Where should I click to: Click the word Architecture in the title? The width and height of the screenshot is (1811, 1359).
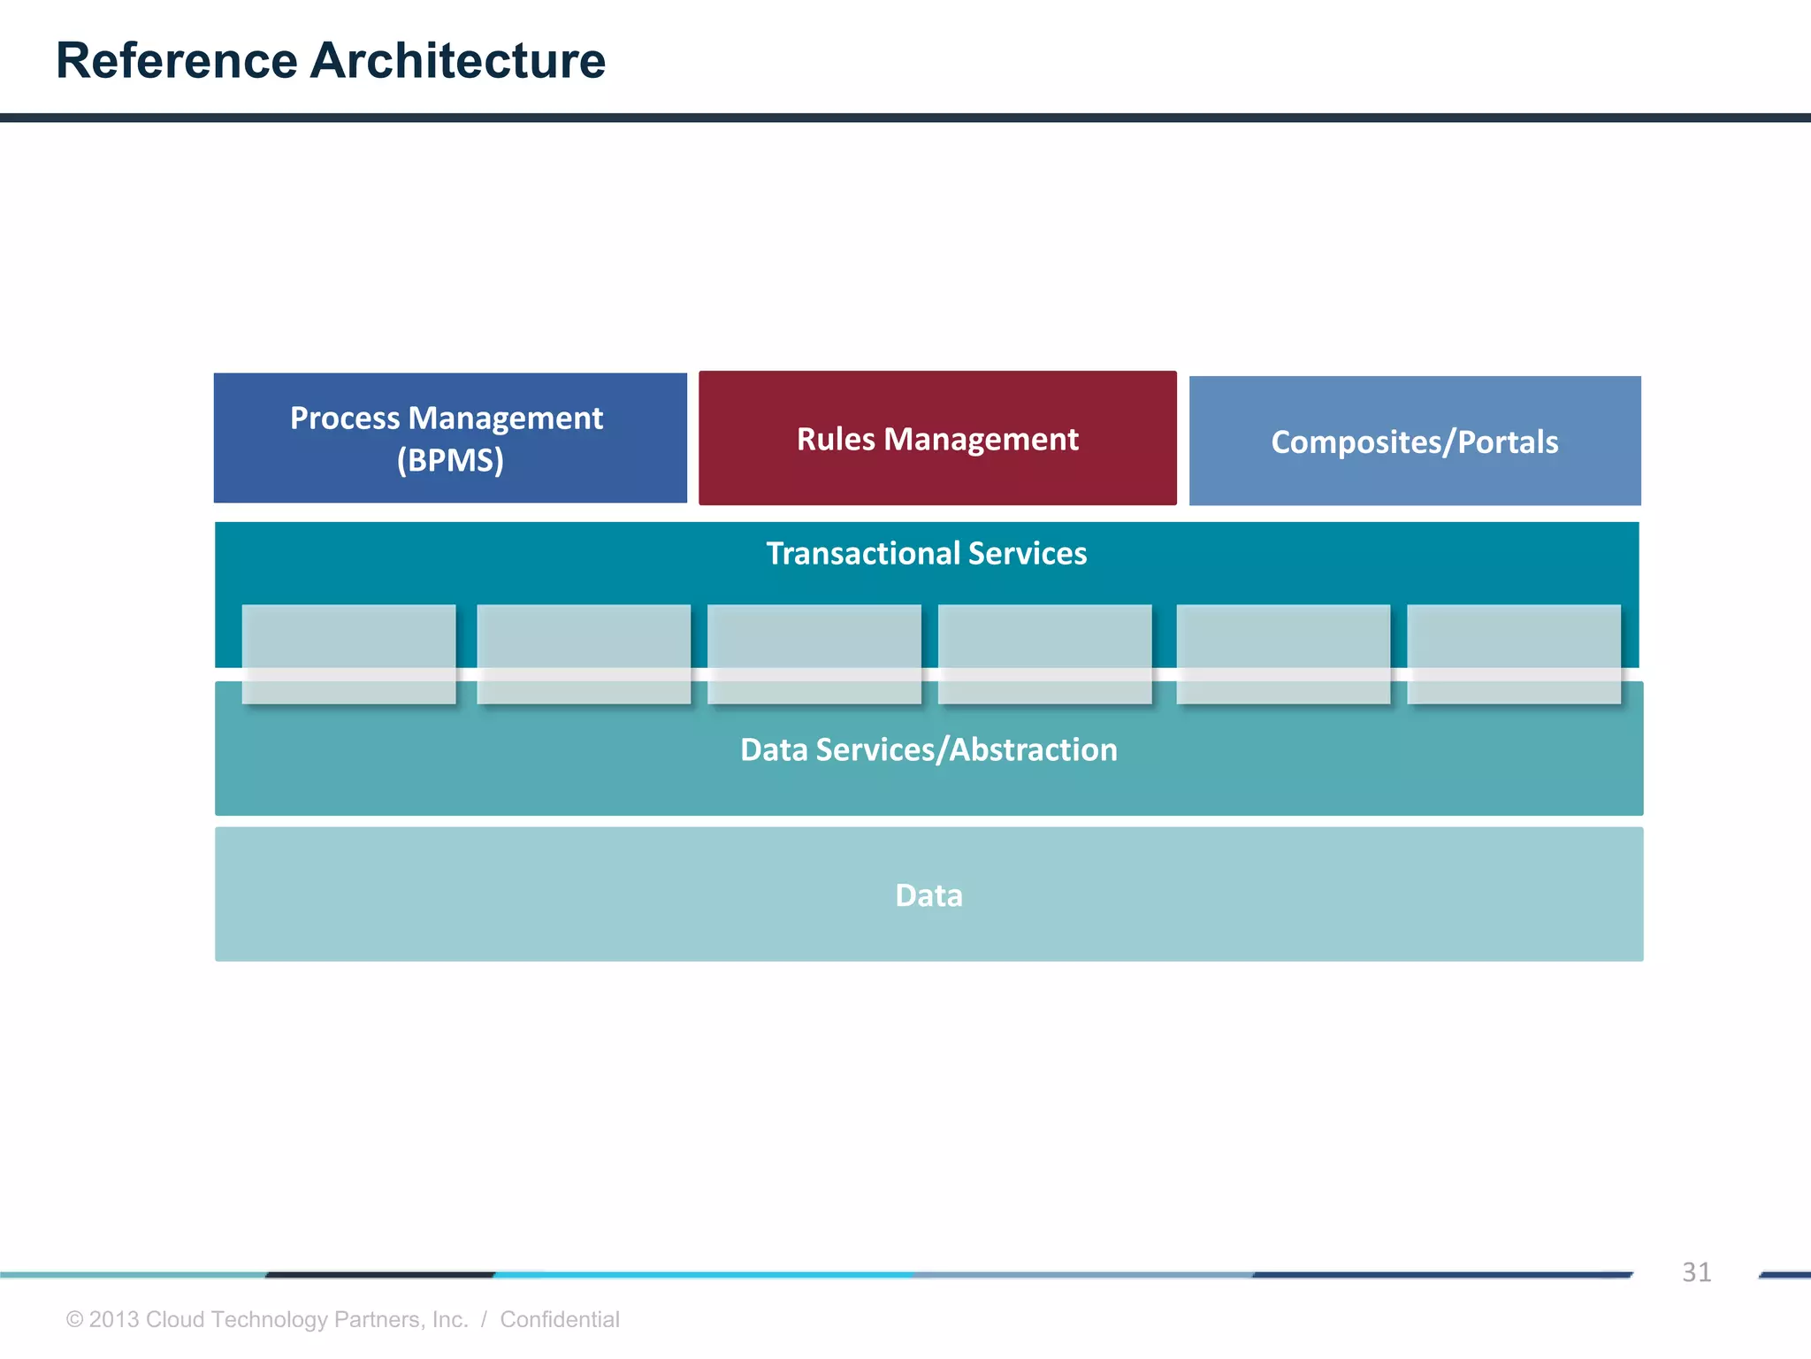(x=458, y=60)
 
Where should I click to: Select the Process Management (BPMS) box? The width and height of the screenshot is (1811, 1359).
(x=450, y=438)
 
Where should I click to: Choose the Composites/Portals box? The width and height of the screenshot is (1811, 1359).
(x=1415, y=441)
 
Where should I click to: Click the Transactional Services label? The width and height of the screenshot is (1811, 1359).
(x=926, y=553)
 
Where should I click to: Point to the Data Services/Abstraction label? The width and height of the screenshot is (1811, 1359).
(x=928, y=749)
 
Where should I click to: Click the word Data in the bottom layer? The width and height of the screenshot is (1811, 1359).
(x=928, y=894)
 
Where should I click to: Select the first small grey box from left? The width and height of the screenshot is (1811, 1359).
(x=348, y=654)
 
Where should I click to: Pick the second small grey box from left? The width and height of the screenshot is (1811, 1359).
(x=584, y=654)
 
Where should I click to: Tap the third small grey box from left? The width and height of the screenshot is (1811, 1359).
(x=814, y=654)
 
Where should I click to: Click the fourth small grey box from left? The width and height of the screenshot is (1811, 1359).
(x=1044, y=654)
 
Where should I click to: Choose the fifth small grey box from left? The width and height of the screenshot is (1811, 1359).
(x=1283, y=654)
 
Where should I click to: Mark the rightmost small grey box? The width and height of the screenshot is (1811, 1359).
(x=1514, y=654)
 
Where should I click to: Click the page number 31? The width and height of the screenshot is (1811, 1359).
(x=1696, y=1272)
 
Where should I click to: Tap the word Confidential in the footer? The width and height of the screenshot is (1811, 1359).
(x=560, y=1319)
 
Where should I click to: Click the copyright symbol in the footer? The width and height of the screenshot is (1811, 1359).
(x=75, y=1319)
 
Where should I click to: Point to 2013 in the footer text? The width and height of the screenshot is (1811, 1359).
(x=114, y=1319)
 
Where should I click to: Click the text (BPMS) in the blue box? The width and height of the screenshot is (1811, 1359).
(x=450, y=460)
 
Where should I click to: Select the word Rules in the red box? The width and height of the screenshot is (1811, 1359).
(x=836, y=439)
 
